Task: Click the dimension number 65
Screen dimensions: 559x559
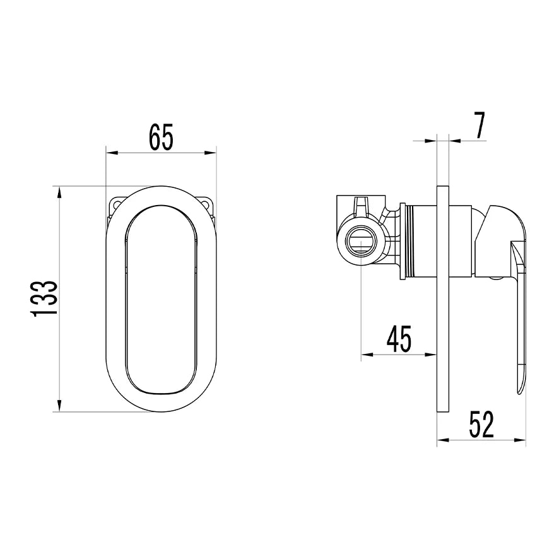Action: pyautogui.click(x=161, y=136)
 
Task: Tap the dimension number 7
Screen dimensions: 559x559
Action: pyautogui.click(x=480, y=126)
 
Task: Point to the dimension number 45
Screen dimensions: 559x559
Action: pyautogui.click(x=399, y=338)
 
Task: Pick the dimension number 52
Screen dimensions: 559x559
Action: pyautogui.click(x=481, y=424)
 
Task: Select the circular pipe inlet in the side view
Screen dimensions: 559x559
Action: pyautogui.click(x=361, y=241)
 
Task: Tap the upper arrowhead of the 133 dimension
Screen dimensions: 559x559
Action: pyautogui.click(x=59, y=193)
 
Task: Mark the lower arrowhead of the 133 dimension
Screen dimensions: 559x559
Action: pyautogui.click(x=59, y=405)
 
